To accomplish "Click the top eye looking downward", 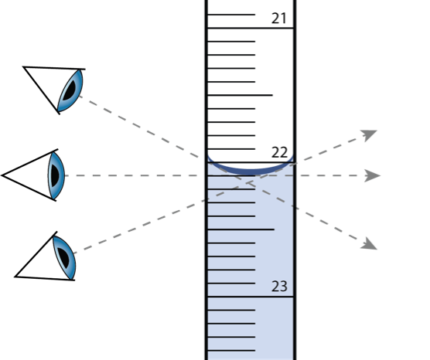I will pyautogui.click(x=69, y=91).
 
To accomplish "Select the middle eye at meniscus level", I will pyautogui.click(x=56, y=175).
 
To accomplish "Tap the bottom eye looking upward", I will pyautogui.click(x=64, y=256).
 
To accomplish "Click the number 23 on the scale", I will pyautogui.click(x=279, y=287).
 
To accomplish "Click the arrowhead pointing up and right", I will pyautogui.click(x=370, y=135).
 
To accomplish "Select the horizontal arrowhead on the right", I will pyautogui.click(x=373, y=176).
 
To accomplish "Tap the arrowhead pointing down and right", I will pyautogui.click(x=370, y=243).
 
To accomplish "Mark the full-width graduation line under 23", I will pyautogui.click(x=250, y=297).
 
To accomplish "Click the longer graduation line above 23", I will pyautogui.click(x=241, y=230).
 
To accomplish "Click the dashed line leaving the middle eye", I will pyautogui.click(x=130, y=176).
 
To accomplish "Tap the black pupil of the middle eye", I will pyautogui.click(x=53, y=175).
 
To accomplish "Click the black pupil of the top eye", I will pyautogui.click(x=66, y=93).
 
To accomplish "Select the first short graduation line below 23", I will pyautogui.click(x=231, y=310).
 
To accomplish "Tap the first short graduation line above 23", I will pyautogui.click(x=231, y=283).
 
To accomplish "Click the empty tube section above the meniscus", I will pyautogui.click(x=250, y=80).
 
